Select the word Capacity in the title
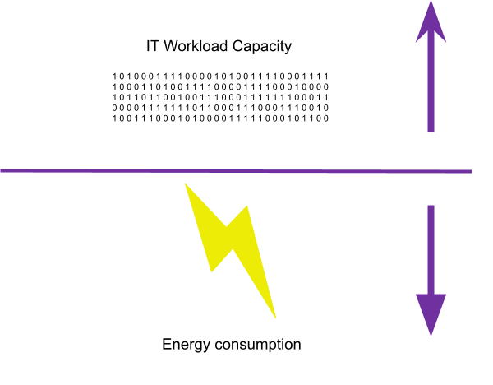(262, 47)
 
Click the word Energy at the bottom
(186, 345)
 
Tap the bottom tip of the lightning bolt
(276, 318)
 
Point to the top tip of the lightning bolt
(185, 183)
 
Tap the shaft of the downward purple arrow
(431, 249)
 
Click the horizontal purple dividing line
(236, 171)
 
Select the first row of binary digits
(220, 77)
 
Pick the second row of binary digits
(220, 87)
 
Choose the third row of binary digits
(220, 98)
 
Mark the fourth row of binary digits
(220, 108)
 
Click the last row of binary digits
(220, 118)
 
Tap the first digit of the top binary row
(114, 77)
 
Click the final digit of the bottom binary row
(326, 118)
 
